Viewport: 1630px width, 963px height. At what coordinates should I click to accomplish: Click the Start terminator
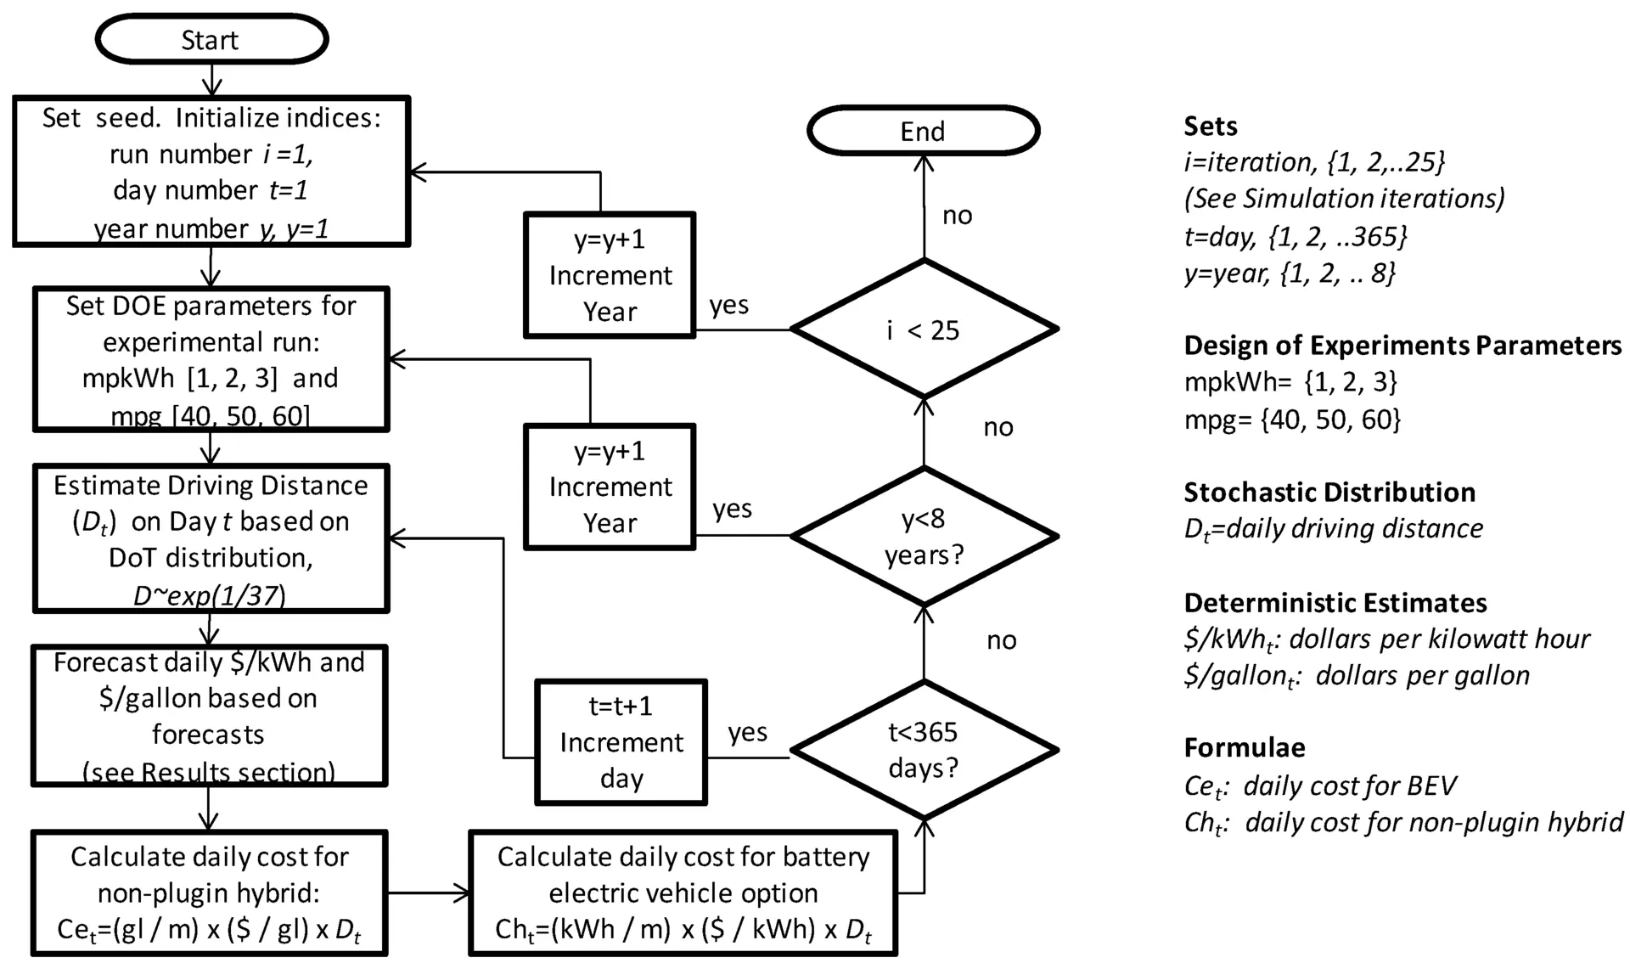[x=211, y=39]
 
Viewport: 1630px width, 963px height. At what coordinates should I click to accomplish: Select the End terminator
[x=923, y=131]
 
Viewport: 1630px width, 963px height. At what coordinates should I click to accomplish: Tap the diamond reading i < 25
[x=924, y=329]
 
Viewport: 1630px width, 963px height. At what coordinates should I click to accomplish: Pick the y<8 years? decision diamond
[x=924, y=536]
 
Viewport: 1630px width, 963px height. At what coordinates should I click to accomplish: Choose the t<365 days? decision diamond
[x=924, y=750]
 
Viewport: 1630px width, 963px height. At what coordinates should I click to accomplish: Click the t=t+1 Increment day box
[x=621, y=742]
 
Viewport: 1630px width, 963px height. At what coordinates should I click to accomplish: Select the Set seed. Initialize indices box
[x=211, y=172]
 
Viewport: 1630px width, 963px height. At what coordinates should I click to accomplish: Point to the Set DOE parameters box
[x=211, y=359]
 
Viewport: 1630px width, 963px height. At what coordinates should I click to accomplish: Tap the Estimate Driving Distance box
[x=211, y=538]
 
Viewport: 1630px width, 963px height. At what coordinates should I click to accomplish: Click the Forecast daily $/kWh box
[x=210, y=716]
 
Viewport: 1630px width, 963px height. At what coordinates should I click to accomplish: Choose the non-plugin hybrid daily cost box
[x=210, y=893]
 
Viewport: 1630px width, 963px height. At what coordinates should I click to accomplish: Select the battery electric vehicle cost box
[x=683, y=893]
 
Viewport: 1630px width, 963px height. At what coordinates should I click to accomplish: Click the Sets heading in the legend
[x=1211, y=127]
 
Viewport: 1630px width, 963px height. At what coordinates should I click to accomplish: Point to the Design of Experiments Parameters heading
[x=1402, y=346]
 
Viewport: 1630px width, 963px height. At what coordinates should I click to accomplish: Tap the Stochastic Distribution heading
[x=1329, y=493]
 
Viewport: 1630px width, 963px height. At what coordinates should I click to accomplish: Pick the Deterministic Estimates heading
[x=1335, y=603]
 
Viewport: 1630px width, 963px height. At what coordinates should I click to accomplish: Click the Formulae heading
[x=1245, y=747]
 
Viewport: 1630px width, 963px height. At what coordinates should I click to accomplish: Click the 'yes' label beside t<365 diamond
[x=747, y=732]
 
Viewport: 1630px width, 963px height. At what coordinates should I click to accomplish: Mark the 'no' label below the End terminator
[x=958, y=216]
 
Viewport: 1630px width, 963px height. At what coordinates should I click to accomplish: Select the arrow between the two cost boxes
[x=429, y=893]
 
